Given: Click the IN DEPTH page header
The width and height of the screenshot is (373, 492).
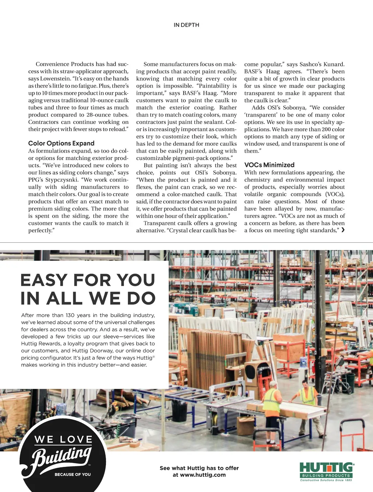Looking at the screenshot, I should coord(186,25).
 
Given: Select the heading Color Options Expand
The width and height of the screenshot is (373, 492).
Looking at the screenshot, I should coord(61,143).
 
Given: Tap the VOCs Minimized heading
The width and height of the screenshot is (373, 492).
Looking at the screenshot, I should coord(269,165).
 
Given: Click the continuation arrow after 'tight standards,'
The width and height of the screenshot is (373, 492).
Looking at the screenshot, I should coord(343,230).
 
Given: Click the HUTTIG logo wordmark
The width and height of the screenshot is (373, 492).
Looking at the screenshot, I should coord(326,468).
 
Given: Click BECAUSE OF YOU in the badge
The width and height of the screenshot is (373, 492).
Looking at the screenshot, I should coord(72,475).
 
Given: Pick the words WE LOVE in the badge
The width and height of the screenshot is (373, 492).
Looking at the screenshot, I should coord(63,440).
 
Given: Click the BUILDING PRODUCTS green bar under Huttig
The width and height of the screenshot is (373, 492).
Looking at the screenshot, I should coord(326,476).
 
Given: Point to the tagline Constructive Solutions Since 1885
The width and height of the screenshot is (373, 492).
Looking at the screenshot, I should coord(326,480).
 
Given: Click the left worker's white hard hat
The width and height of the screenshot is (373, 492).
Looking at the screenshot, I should coord(273,383).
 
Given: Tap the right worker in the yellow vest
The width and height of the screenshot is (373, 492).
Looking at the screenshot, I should coord(308,395).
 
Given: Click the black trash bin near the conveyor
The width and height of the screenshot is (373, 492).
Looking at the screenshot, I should coord(180,411).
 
